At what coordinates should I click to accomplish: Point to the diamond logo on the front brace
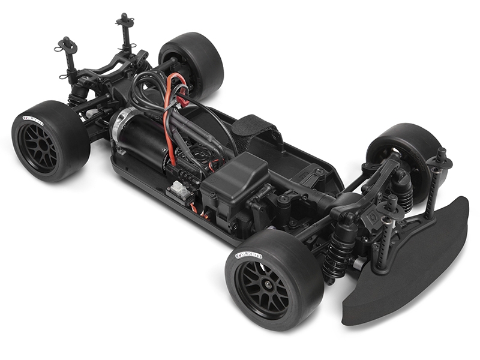373,217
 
